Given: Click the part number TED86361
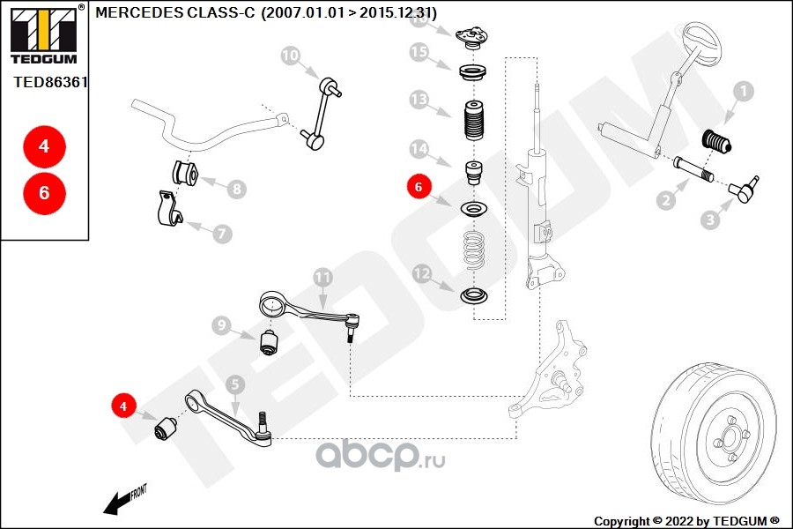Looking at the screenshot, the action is point(50,82).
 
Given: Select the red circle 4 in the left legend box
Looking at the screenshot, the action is point(45,146).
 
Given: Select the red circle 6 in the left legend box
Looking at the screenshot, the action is point(45,193).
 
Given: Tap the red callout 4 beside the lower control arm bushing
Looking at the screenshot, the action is point(122,406).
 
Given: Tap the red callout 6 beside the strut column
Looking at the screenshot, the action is point(419,187).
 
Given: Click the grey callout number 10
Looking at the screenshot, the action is point(290,56).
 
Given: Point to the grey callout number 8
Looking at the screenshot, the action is point(237,190).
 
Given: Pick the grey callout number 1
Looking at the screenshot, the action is point(743,92).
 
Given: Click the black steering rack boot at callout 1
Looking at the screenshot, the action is point(716,142).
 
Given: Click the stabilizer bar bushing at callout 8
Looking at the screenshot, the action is point(185,173).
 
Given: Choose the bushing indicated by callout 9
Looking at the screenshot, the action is point(269,342).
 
